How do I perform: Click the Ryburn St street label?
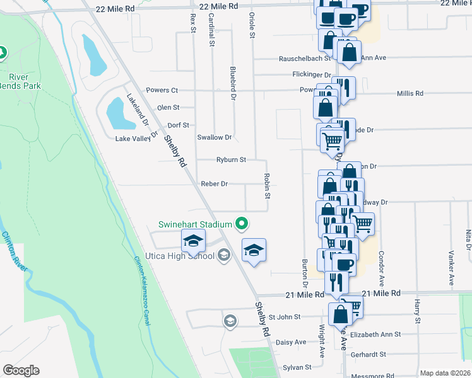(231, 160)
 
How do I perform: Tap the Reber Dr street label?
(214, 184)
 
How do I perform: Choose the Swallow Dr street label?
(215, 137)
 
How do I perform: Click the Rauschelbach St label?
(305, 59)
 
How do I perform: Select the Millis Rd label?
(410, 93)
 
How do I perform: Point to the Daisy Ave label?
(291, 342)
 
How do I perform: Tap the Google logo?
(21, 370)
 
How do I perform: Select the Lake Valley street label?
(133, 139)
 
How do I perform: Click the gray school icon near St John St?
(231, 321)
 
